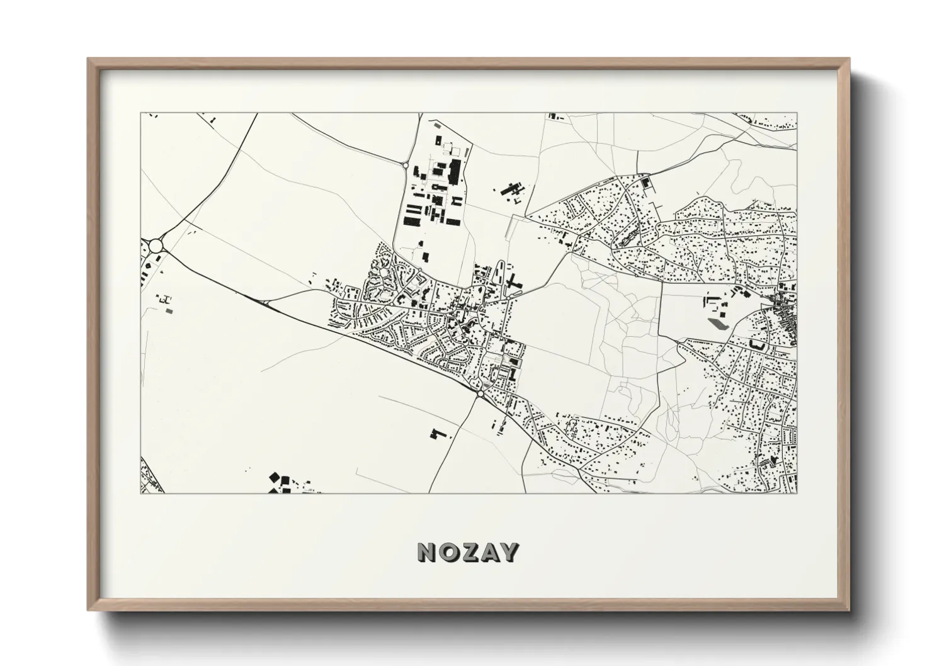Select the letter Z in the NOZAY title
pos(469,552)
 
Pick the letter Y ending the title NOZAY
pos(509,552)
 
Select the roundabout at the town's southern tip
pos(480,393)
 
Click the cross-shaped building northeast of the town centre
pos(514,283)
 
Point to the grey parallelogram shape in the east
pos(717,324)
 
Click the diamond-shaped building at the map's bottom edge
pos(275,478)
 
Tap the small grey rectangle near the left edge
pos(168,309)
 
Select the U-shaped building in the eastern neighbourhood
pos(758,345)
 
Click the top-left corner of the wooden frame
pos(89,59)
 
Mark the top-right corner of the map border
pos(797,113)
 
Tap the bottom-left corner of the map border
pos(140,493)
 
